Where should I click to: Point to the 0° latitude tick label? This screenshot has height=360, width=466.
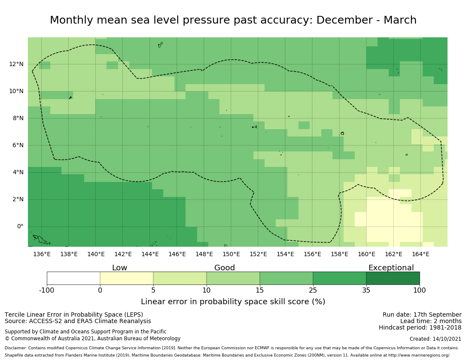click(20, 227)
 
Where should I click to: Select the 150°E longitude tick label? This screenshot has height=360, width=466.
click(231, 254)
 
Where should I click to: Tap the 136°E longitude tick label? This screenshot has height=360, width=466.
click(42, 254)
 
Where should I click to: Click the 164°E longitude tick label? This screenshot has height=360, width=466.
click(420, 254)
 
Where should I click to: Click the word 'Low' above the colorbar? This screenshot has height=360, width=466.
click(119, 268)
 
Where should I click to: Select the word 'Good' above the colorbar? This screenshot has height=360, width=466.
click(225, 268)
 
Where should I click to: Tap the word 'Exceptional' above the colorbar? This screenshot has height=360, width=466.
click(391, 268)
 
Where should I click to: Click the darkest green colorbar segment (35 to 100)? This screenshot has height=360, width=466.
click(393, 278)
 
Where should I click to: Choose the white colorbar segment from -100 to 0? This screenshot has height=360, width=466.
click(73, 278)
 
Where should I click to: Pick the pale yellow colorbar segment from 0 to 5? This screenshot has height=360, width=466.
click(127, 278)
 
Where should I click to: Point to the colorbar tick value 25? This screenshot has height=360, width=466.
click(313, 290)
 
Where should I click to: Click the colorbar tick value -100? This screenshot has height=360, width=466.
click(47, 290)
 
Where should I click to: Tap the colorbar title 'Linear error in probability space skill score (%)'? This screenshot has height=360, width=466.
click(233, 302)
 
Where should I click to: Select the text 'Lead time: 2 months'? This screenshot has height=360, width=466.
click(431, 321)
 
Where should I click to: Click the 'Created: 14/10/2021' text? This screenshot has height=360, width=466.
click(436, 339)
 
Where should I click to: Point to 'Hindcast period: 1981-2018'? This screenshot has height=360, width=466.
click(420, 328)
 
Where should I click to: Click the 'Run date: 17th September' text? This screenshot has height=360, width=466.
click(422, 315)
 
